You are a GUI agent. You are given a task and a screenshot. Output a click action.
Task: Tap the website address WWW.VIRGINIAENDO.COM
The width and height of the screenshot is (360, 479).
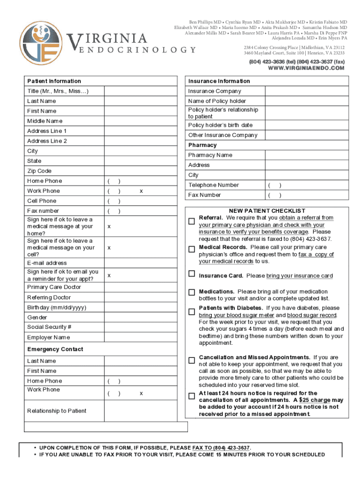(306, 68)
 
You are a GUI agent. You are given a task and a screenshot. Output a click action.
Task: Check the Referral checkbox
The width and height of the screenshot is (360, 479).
(192, 221)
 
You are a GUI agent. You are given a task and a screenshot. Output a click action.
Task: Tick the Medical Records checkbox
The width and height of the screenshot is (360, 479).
(192, 249)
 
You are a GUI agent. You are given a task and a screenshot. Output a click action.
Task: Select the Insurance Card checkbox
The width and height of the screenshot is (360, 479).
(192, 274)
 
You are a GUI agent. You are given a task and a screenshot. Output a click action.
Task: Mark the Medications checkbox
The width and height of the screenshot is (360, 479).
(192, 292)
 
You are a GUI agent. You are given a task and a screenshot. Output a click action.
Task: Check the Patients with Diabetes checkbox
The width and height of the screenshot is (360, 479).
(192, 312)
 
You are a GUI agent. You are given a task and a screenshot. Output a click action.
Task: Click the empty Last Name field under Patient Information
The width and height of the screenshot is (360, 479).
(141, 101)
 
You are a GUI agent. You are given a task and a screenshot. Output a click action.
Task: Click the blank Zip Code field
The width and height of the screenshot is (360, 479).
(141, 171)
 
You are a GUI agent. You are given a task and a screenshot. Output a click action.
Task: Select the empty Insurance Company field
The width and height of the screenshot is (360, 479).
(307, 91)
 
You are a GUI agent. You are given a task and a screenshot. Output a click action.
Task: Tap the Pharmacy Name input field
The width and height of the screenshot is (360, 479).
(307, 155)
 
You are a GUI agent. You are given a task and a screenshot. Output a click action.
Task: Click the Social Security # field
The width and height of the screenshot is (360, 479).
(141, 327)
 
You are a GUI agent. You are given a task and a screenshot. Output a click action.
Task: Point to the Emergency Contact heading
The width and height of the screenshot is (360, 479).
(55, 349)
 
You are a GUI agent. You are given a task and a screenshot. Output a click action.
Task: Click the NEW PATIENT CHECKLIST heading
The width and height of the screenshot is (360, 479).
(267, 211)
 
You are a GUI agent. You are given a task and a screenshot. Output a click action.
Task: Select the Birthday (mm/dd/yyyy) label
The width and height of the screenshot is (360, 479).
(57, 307)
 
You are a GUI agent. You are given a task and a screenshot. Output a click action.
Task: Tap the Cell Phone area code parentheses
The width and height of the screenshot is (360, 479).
(114, 201)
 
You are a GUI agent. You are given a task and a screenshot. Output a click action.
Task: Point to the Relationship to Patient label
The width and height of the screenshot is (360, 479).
(57, 411)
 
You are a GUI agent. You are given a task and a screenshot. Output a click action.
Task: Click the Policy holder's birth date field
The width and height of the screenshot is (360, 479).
(307, 125)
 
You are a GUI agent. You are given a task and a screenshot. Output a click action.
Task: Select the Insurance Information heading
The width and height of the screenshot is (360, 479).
(219, 81)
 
